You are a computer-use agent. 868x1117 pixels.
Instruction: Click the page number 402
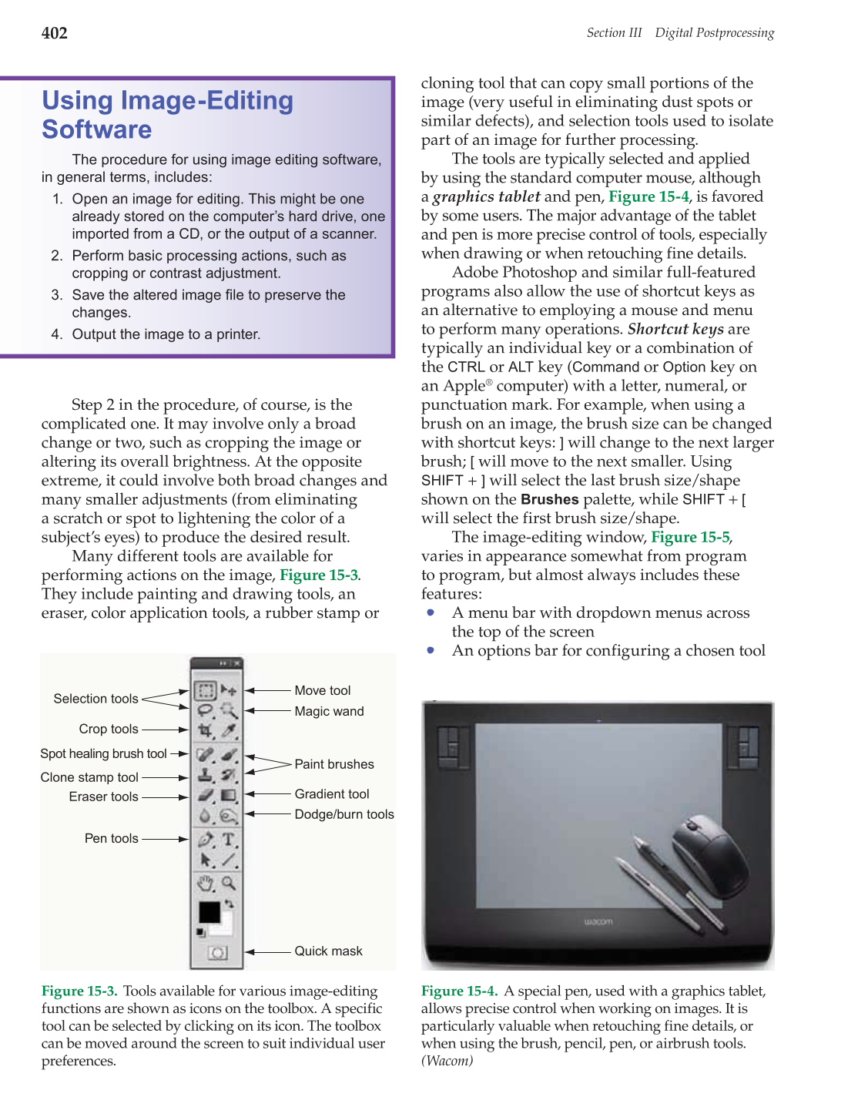(55, 33)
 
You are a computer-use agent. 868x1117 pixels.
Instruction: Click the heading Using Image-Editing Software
(167, 115)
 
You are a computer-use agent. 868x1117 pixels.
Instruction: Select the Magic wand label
(329, 711)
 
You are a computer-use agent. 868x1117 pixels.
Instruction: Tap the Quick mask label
(328, 951)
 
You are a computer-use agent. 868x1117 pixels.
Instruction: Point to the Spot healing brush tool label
(103, 753)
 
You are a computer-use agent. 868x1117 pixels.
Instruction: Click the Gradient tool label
(332, 793)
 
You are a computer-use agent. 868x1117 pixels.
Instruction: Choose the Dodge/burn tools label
(344, 814)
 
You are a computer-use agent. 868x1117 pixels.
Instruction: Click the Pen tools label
(112, 838)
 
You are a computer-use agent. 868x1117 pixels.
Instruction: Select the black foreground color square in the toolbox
(209, 911)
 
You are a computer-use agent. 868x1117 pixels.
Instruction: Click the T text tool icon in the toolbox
(229, 839)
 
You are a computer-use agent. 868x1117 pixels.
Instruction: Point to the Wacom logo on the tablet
(598, 921)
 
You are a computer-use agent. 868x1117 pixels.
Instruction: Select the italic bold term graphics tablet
(486, 196)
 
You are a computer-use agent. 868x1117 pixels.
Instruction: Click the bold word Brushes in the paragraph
(549, 499)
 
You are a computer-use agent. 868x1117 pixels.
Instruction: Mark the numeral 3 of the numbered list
(56, 295)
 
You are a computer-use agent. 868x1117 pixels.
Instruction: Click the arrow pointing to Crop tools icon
(165, 729)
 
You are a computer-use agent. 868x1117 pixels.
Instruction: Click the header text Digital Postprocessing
(714, 32)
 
